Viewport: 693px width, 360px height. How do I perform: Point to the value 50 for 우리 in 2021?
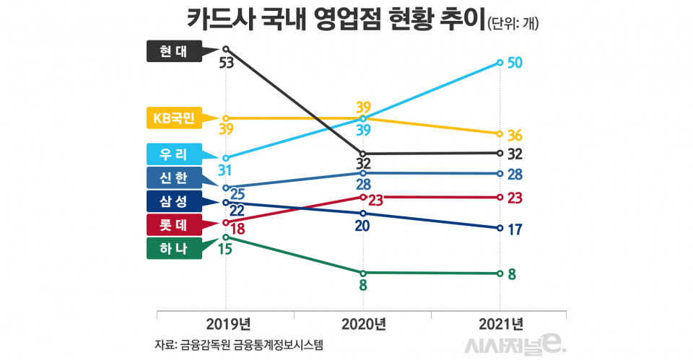tap(515, 63)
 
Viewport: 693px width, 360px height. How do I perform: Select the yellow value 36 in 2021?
tap(515, 136)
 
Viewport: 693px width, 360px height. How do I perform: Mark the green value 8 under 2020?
tap(363, 286)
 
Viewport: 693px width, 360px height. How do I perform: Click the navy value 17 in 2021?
tap(515, 229)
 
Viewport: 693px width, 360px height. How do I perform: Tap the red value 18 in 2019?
tap(238, 229)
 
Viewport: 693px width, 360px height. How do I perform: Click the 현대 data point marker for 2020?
tap(363, 154)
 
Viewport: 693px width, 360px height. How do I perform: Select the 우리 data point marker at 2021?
tap(500, 63)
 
